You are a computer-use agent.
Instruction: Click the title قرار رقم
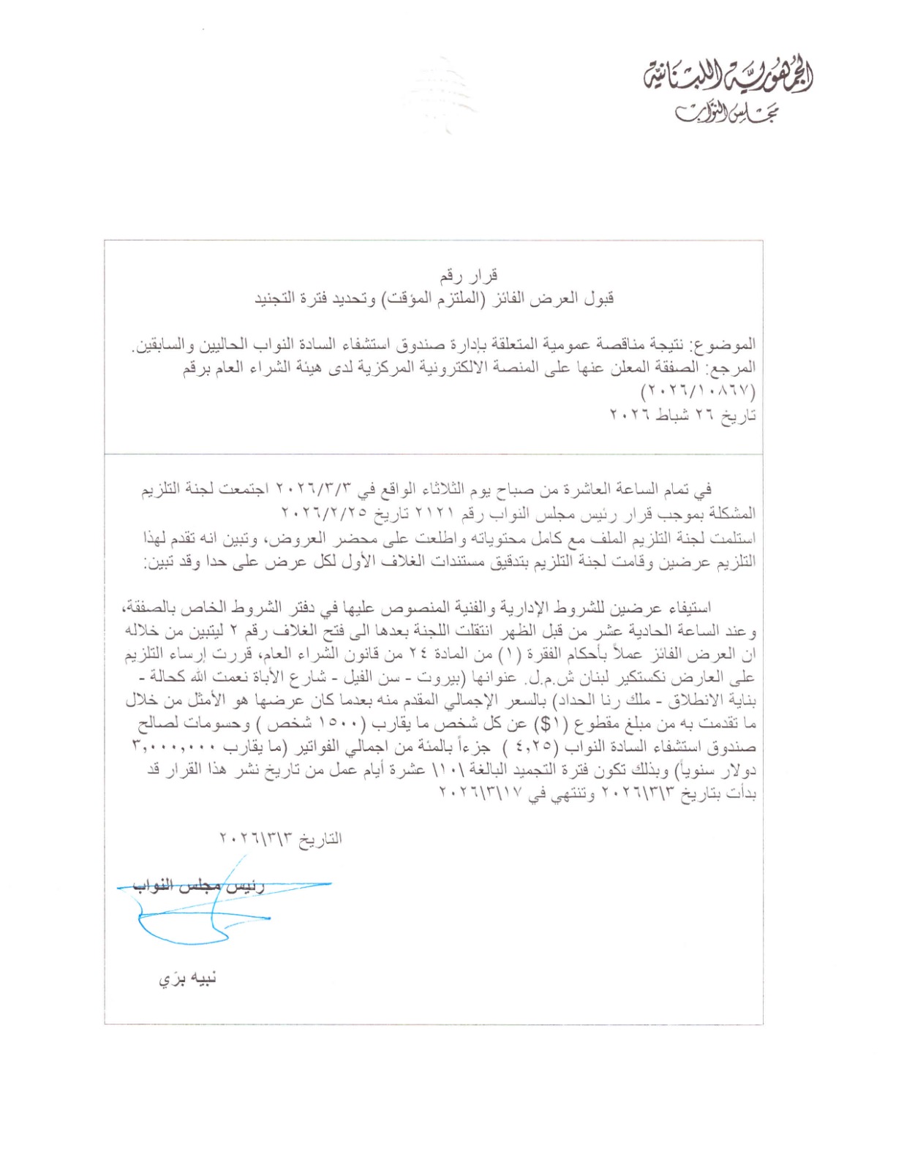(469, 276)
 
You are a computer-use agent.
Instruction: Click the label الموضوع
(727, 344)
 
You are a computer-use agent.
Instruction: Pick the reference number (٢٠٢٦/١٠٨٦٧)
(699, 391)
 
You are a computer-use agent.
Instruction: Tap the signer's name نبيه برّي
(188, 978)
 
